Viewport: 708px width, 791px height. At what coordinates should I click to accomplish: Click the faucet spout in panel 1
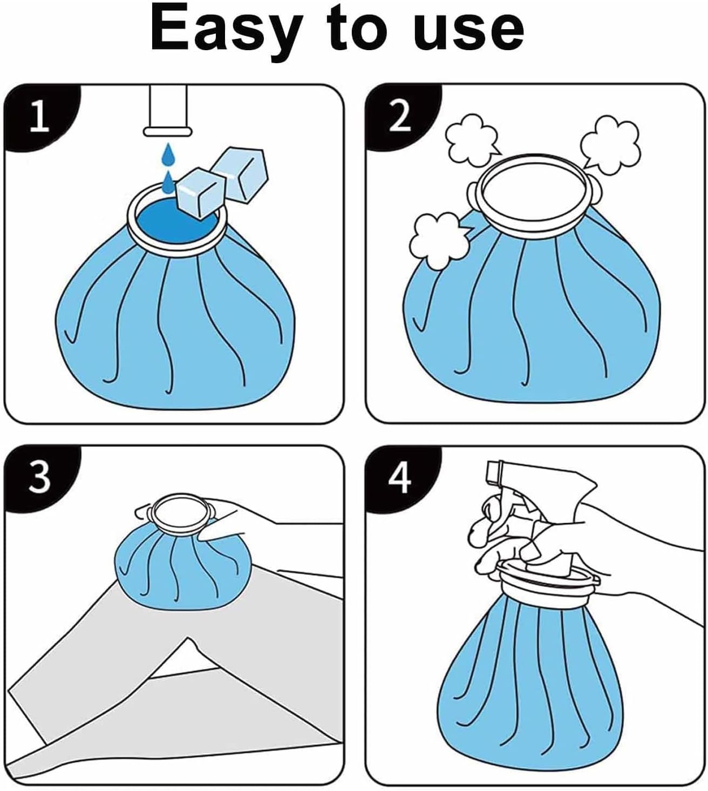(x=168, y=111)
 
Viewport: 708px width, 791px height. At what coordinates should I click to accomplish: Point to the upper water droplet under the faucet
(x=168, y=154)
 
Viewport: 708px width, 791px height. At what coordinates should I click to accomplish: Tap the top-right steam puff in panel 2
(x=610, y=145)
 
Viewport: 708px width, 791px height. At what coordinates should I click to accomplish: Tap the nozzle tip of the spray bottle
(x=494, y=471)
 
